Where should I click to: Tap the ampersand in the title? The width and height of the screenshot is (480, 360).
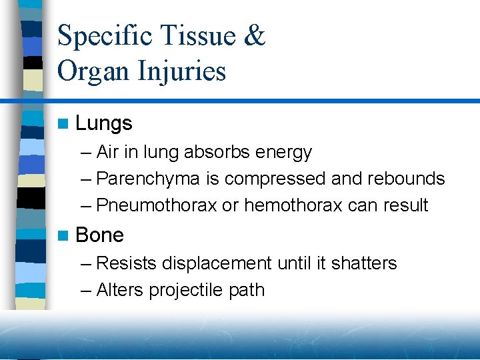click(x=255, y=36)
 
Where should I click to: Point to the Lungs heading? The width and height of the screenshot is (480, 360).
click(x=104, y=123)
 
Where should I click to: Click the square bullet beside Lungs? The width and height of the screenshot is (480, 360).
click(x=63, y=124)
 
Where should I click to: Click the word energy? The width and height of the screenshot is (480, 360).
click(x=284, y=153)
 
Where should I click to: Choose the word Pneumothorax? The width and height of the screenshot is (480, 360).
click(x=157, y=205)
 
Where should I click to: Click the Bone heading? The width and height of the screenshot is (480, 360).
click(x=100, y=235)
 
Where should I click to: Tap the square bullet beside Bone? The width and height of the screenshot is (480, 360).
click(x=63, y=236)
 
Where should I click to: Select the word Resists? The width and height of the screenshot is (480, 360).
click(x=126, y=263)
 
